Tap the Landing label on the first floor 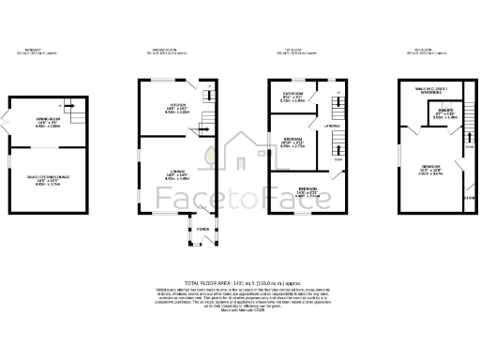click(331, 125)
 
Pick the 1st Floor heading click(301, 52)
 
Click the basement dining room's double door click(9, 122)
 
